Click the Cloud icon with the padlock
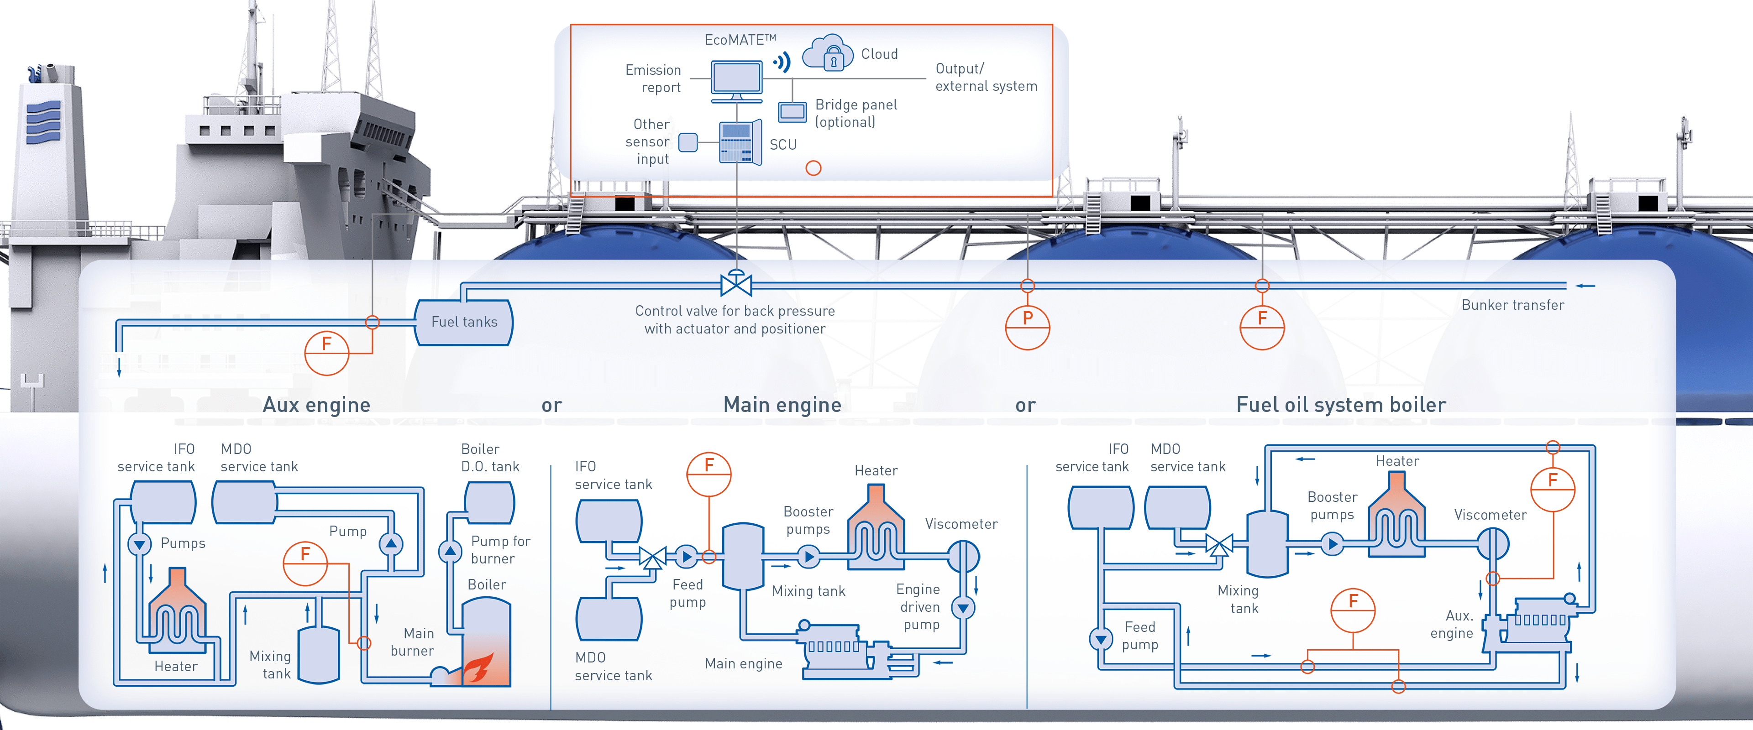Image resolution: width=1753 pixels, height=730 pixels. pyautogui.click(x=828, y=53)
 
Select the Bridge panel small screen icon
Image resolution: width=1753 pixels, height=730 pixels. pyautogui.click(x=792, y=112)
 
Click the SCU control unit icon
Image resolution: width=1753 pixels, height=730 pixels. pyautogui.click(x=740, y=143)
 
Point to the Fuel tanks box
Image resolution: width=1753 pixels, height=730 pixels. pyautogui.click(x=464, y=322)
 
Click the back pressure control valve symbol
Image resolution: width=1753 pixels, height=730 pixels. pyautogui.click(x=735, y=284)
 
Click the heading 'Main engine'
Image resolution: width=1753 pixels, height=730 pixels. pyautogui.click(x=782, y=405)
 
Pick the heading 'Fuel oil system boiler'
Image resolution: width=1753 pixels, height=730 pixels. pyautogui.click(x=1341, y=405)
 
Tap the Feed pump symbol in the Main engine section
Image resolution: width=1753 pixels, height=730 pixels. pyautogui.click(x=686, y=557)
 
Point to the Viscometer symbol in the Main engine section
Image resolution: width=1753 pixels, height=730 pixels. pyautogui.click(x=963, y=557)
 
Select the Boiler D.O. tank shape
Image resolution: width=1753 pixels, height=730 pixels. pyautogui.click(x=489, y=502)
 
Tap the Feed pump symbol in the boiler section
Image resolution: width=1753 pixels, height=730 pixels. pyautogui.click(x=1100, y=639)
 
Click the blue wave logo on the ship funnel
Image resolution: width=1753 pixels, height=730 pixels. pyautogui.click(x=43, y=122)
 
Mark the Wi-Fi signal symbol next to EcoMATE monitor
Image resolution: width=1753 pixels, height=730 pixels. pyautogui.click(x=782, y=63)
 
